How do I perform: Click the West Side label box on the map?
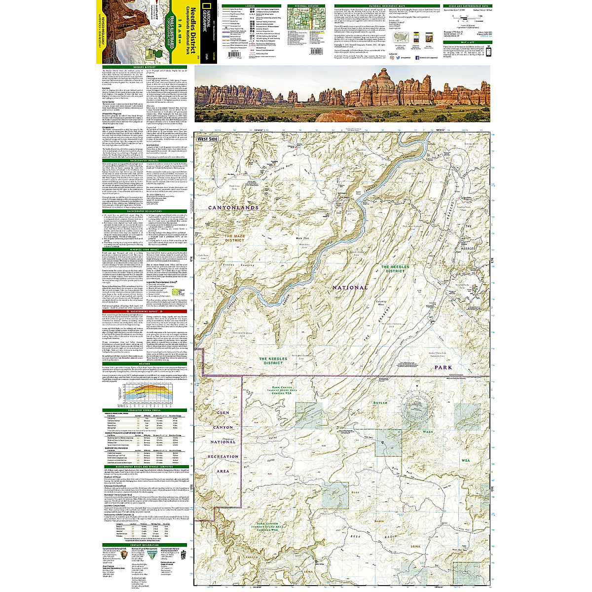click(208, 139)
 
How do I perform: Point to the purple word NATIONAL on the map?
click(350, 287)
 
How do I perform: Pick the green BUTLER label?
click(380, 403)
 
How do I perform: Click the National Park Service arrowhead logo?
click(122, 555)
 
